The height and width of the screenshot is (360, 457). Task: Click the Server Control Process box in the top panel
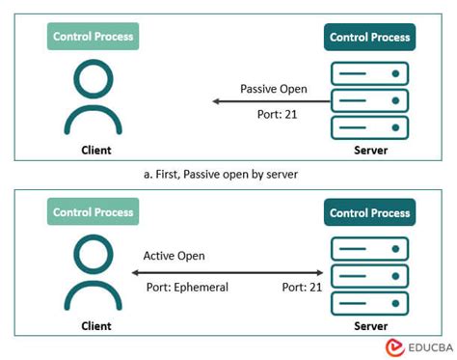tap(370, 38)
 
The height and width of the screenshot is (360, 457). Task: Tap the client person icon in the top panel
tap(94, 97)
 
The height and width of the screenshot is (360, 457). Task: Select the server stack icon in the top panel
tap(370, 100)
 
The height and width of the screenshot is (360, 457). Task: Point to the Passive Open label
tap(274, 89)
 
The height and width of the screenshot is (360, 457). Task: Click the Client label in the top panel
tap(94, 150)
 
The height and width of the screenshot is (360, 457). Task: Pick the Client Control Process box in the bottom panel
tap(94, 212)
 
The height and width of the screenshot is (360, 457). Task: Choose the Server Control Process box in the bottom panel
tap(370, 213)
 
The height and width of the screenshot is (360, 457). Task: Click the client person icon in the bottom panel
tap(94, 271)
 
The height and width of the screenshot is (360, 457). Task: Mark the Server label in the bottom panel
tap(370, 326)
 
